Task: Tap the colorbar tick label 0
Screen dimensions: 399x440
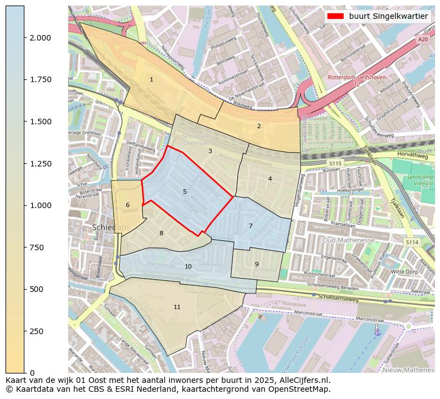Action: [32, 373]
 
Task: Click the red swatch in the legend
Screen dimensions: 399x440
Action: [334, 17]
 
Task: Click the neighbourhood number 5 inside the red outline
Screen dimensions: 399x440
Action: [185, 192]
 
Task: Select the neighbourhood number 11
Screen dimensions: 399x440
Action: [177, 307]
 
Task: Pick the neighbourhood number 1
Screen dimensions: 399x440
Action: [151, 80]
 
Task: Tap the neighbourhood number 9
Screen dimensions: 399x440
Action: [257, 264]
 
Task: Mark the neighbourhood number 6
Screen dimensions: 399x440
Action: [127, 205]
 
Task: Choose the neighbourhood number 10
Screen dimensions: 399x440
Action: [188, 267]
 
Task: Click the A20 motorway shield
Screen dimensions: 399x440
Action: [423, 39]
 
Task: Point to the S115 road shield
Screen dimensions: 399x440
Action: [335, 164]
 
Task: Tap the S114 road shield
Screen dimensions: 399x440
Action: [411, 242]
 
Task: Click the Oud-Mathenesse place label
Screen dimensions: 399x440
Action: [349, 240]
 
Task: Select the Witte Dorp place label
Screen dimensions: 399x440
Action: [405, 272]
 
